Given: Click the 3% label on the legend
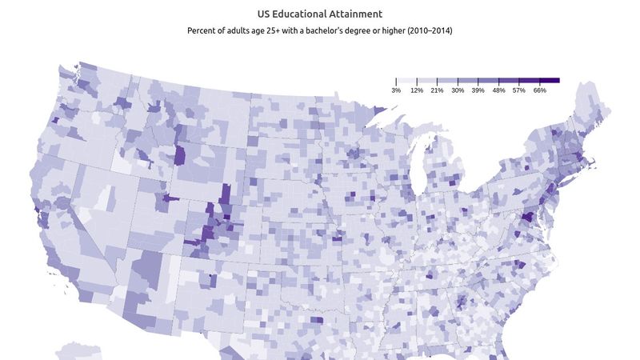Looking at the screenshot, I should coord(396,90).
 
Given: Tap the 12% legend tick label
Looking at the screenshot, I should coord(417,90).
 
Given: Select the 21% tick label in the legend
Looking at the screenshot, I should coord(437,90).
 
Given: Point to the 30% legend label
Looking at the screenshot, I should coord(458,90).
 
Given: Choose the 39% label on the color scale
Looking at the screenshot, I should coord(478,90).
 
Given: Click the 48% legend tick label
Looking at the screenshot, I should coord(498,90).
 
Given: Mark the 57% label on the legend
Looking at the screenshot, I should coord(519,90).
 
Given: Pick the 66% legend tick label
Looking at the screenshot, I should coord(539,90).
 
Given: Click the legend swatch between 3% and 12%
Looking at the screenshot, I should coord(406,81).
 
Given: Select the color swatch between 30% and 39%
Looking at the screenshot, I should coord(468,81).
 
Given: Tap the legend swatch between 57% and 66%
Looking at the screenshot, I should coord(529,81).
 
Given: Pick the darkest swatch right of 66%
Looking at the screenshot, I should coord(550,81).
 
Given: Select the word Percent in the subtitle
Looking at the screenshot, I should coord(203,31).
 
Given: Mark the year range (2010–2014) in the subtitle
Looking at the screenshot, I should coord(426,31).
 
